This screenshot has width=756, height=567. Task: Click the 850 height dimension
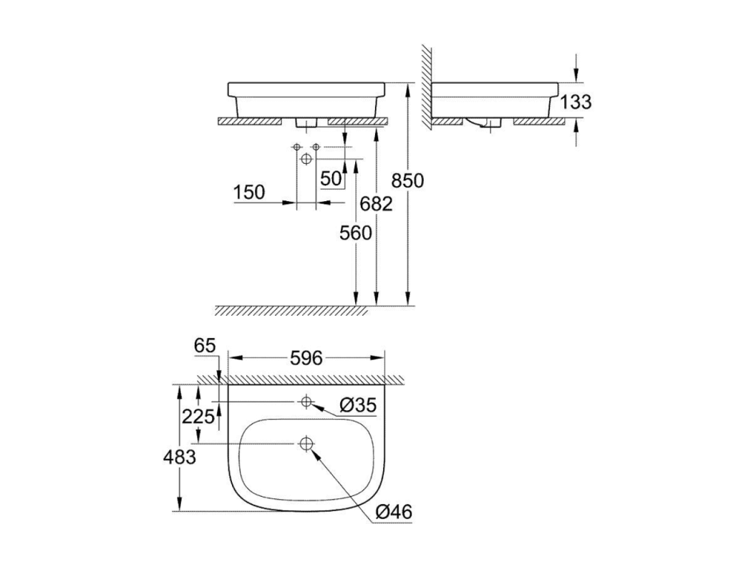407,181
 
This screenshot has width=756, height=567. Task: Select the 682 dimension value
376,204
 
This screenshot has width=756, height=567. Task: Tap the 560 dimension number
356,233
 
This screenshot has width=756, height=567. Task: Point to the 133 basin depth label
576,102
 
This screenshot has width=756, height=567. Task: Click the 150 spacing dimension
249,193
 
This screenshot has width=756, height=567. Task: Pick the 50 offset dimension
331,179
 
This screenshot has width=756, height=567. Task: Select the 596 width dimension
306,358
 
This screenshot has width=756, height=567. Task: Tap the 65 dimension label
205,346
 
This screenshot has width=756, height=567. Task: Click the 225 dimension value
198,416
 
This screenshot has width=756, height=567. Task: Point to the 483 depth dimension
180,457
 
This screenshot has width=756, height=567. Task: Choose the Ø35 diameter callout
357,405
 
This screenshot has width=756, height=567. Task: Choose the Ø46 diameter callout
394,512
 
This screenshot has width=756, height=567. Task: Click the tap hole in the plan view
306,401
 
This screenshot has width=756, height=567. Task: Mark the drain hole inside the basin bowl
306,444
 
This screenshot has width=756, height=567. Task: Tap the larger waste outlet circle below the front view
306,159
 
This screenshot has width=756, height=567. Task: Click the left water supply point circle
297,147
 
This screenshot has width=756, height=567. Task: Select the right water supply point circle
316,147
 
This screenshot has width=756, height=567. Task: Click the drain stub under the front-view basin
306,122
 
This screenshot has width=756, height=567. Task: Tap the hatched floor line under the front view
291,311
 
